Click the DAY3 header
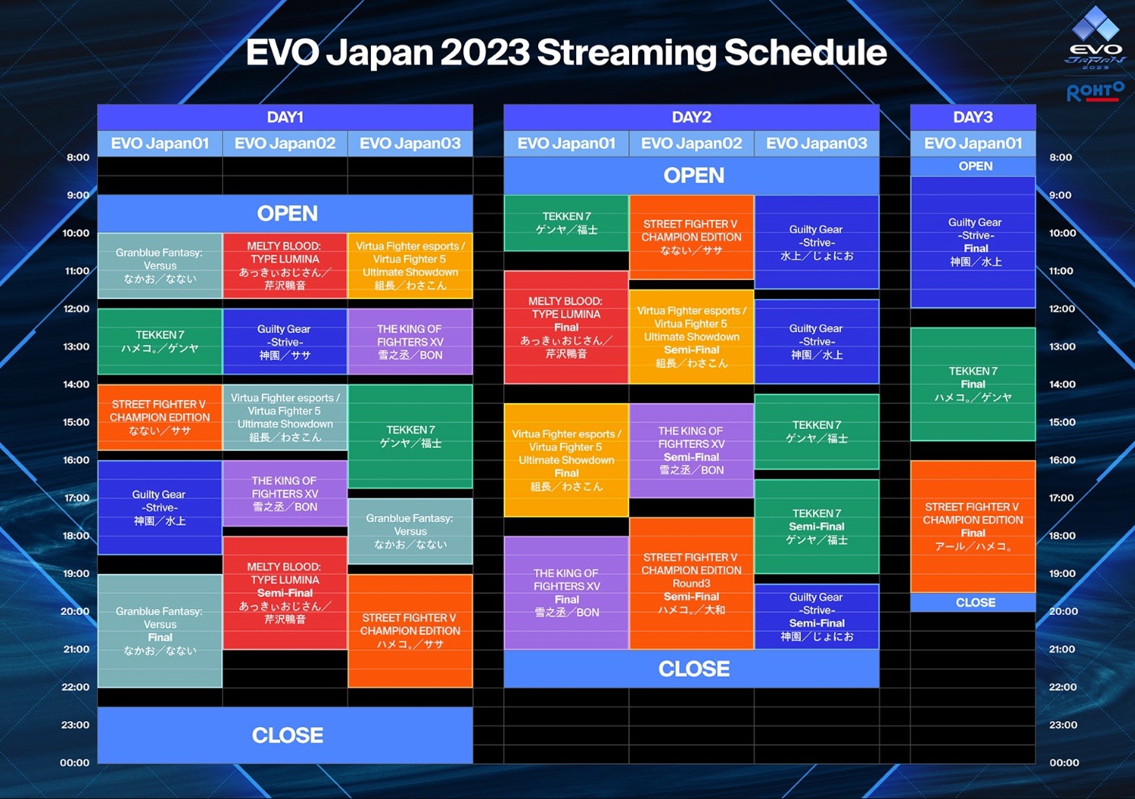tap(973, 117)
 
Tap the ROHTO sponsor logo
tap(1095, 92)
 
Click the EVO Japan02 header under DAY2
tap(691, 143)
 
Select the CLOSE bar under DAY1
tap(285, 735)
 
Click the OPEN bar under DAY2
tap(692, 176)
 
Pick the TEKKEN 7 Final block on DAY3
tap(973, 384)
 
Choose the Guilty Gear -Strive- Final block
tap(973, 242)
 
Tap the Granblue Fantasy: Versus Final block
tap(160, 631)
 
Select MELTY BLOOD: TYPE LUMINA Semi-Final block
tap(285, 593)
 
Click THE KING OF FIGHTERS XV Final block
tap(566, 593)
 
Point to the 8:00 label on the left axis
tap(78, 157)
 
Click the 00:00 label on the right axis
tap(1064, 762)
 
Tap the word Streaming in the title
tap(626, 53)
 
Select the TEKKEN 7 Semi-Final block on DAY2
tap(817, 527)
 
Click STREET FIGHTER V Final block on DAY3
tap(973, 527)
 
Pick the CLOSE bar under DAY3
tap(973, 602)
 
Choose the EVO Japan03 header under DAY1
tap(411, 143)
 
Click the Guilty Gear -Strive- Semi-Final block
tap(817, 617)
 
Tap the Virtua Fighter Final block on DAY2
tap(566, 460)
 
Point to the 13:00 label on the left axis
tap(76, 346)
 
